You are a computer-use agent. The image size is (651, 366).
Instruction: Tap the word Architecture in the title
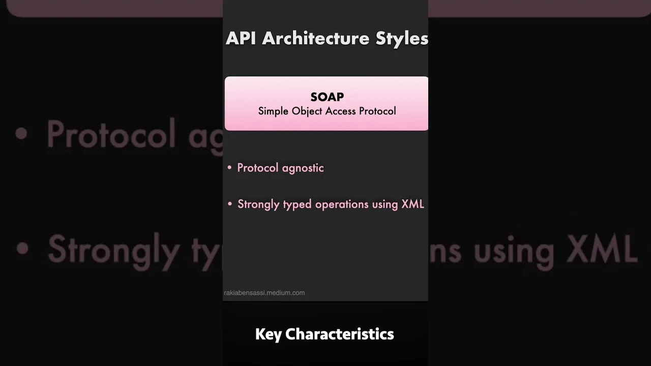[x=316, y=38]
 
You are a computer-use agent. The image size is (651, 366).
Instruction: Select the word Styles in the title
[x=402, y=39]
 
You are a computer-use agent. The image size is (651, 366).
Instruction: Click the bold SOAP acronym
[x=327, y=97]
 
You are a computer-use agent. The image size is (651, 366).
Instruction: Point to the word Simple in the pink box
[x=273, y=111]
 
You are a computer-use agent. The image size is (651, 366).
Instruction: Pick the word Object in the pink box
[x=307, y=111]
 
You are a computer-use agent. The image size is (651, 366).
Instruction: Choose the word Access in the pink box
[x=341, y=111]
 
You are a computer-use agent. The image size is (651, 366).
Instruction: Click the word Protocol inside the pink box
[x=377, y=111]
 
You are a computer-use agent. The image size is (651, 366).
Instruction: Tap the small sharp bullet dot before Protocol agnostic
[x=229, y=168]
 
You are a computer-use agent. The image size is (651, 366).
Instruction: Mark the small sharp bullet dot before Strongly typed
[x=230, y=204]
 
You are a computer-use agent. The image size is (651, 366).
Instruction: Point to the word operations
[x=342, y=204]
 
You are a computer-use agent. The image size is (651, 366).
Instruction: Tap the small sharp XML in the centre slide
[x=412, y=204]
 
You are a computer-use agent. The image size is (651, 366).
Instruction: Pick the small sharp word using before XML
[x=385, y=204]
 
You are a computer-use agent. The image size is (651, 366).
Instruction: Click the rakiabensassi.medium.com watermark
[x=264, y=293]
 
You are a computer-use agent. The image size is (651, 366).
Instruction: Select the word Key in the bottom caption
[x=269, y=334]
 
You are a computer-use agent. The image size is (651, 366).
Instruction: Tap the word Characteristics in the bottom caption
[x=339, y=334]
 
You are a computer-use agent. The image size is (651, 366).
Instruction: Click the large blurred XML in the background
[x=602, y=249]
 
